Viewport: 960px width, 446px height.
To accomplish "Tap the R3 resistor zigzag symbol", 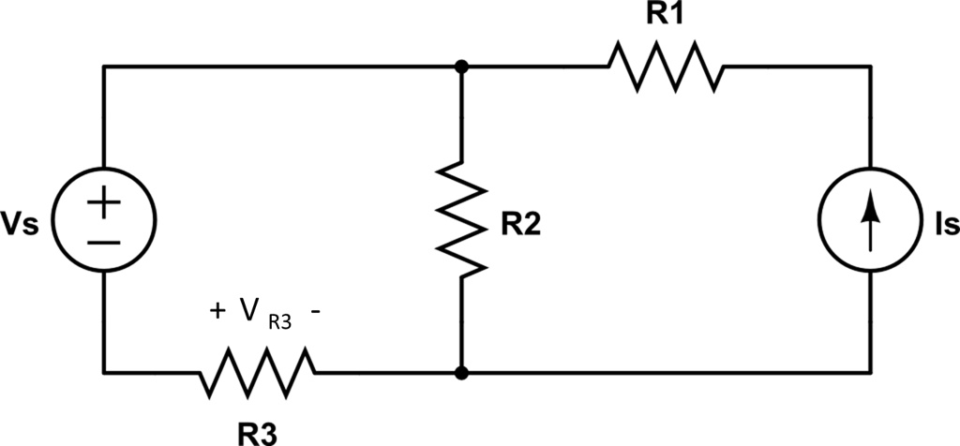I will pyautogui.click(x=257, y=372).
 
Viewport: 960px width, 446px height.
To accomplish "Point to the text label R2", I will pyautogui.click(x=519, y=226).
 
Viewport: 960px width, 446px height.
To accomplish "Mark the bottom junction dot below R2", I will pyautogui.click(x=461, y=373).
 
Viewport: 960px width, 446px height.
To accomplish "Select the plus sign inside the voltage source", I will pyautogui.click(x=104, y=201).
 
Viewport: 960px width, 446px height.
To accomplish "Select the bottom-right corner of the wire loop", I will pyautogui.click(x=871, y=373).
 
